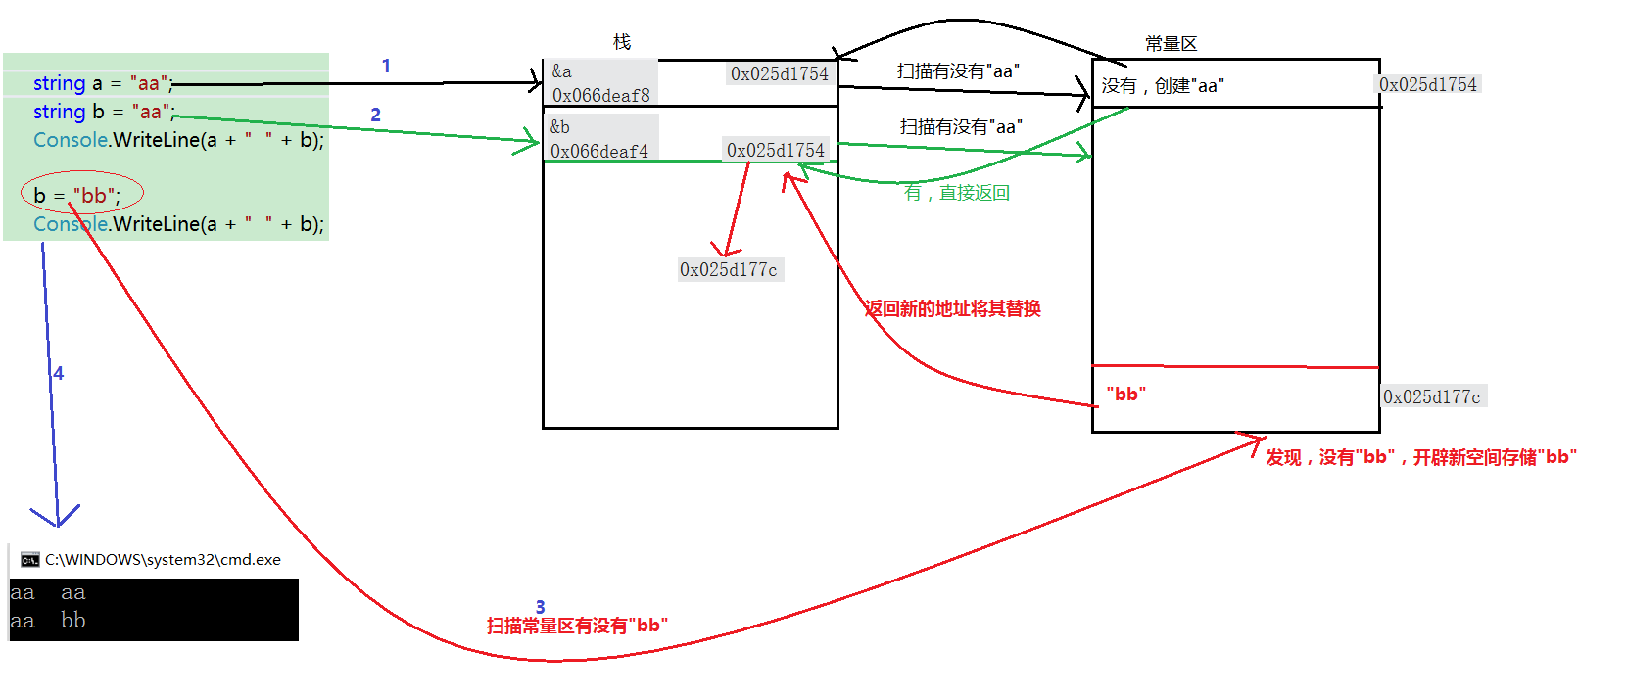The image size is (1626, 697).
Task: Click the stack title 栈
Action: (x=622, y=42)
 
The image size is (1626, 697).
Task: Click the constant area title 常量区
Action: (x=1171, y=44)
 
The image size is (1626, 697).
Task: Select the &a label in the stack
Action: (x=562, y=71)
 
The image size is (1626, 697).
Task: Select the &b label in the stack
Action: (x=559, y=127)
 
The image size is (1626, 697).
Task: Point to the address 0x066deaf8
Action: (x=601, y=96)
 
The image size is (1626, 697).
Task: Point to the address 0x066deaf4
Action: (x=598, y=151)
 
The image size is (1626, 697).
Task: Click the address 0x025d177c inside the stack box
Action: (x=729, y=270)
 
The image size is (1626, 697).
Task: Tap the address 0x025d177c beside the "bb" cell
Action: (x=1431, y=396)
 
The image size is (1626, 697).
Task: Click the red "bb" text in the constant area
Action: (x=1125, y=394)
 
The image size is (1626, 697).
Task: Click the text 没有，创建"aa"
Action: (x=1163, y=85)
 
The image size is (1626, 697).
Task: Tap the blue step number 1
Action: (x=386, y=66)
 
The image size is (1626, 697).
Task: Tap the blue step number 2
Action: (x=375, y=115)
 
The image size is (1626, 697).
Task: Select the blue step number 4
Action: (x=59, y=374)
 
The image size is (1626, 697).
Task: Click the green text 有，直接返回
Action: (x=957, y=193)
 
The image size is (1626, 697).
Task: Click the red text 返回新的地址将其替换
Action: (x=952, y=309)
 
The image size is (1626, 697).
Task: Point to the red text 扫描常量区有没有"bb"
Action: (x=577, y=626)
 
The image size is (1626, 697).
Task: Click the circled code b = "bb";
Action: (x=77, y=195)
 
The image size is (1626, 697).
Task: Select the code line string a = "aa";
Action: (x=103, y=83)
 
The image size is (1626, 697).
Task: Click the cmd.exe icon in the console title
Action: (x=29, y=560)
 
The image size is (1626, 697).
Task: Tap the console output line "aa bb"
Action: (x=48, y=621)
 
